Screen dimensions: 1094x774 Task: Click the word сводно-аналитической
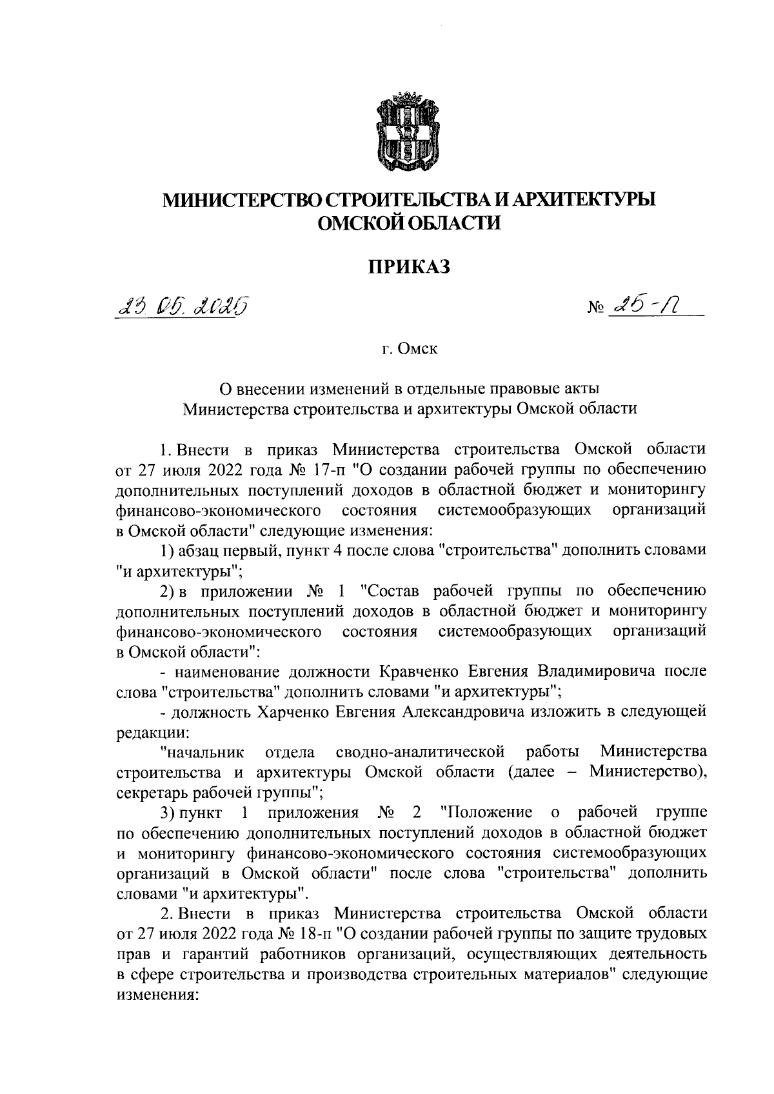tap(420, 752)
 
